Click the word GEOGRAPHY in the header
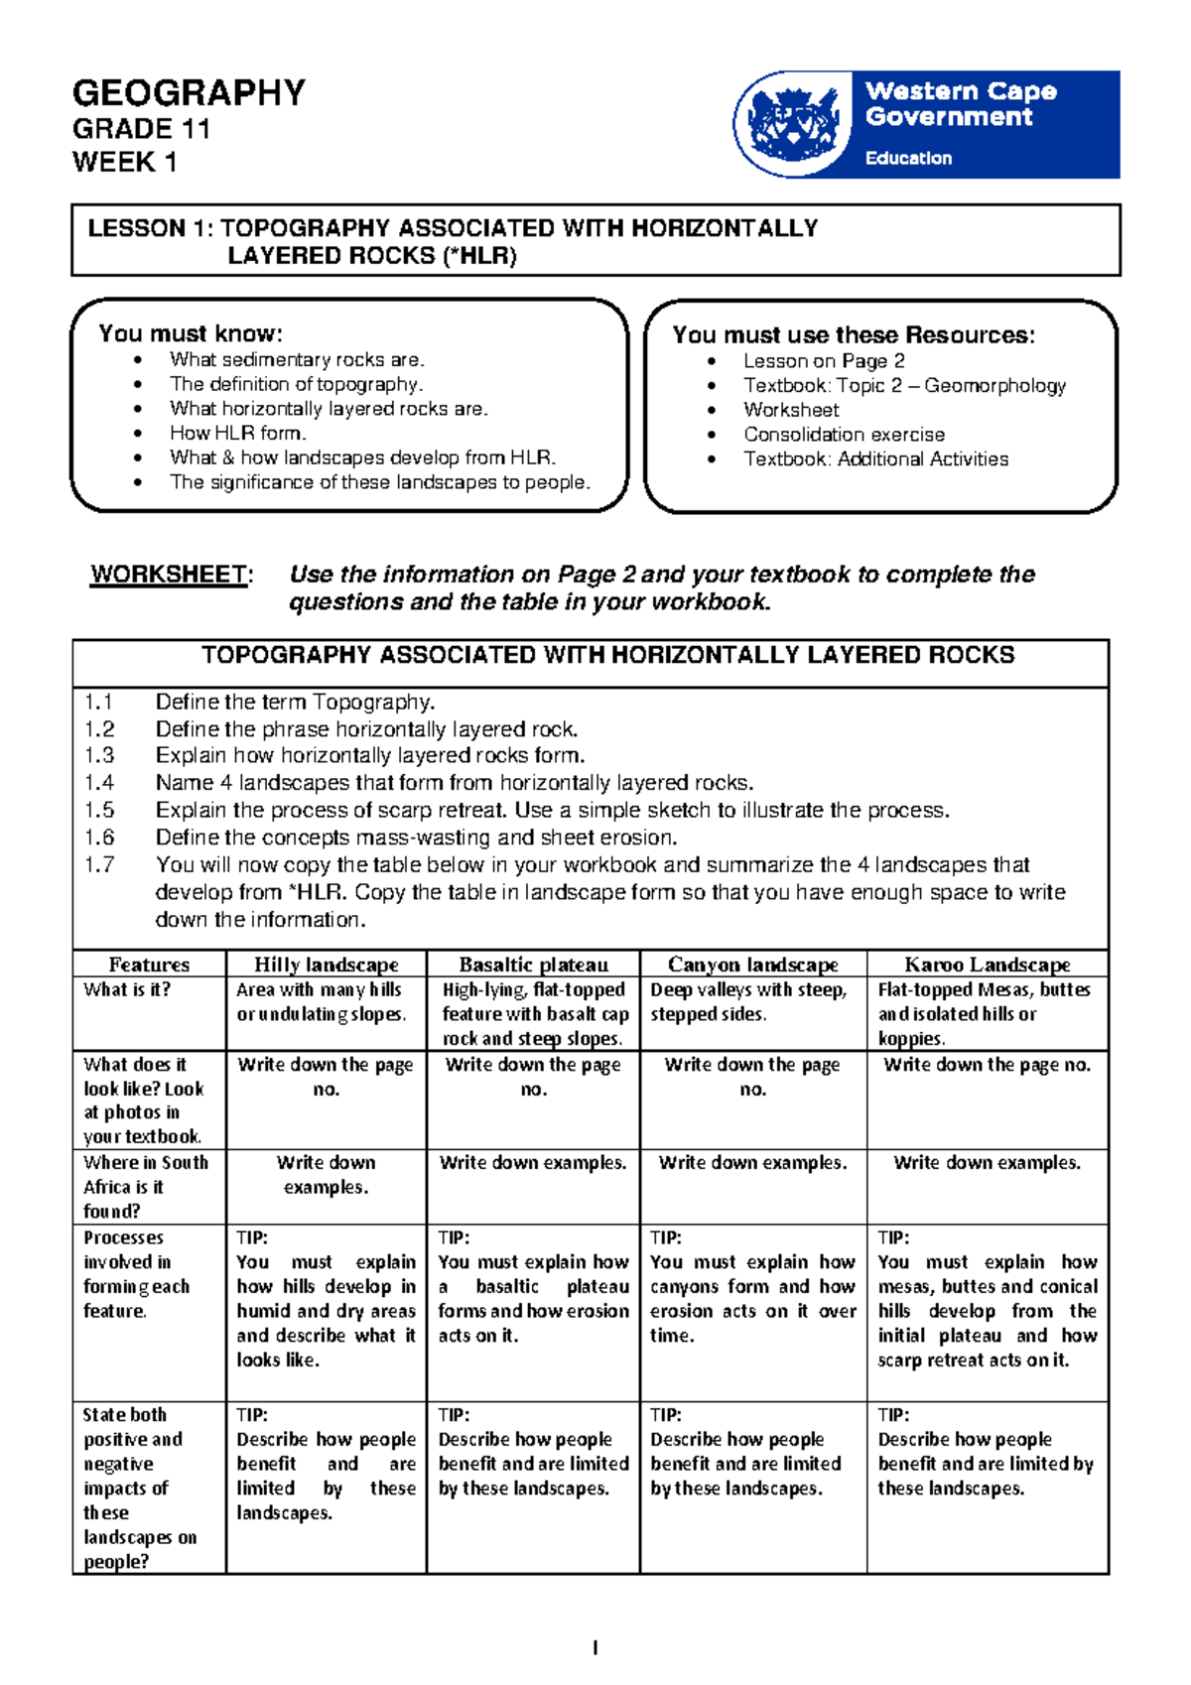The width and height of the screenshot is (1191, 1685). tap(189, 93)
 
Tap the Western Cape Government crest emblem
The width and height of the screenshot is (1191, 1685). tap(792, 124)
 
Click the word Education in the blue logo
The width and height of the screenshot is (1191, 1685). tap(908, 158)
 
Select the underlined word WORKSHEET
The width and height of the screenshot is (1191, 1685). tap(169, 575)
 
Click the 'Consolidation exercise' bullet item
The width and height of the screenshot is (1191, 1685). tap(844, 435)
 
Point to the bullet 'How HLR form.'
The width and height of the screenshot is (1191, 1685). tap(237, 433)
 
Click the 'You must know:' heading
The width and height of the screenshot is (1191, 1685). tap(191, 333)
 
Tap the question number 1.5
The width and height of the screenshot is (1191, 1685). tap(99, 810)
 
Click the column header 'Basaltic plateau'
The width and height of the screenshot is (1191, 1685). tap(533, 965)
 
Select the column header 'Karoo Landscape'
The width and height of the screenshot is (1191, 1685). tap(987, 965)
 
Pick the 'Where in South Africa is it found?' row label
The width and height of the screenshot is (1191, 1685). tap(146, 1187)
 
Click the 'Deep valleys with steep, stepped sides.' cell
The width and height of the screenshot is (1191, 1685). tap(748, 1002)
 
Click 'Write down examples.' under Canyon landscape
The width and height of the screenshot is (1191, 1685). tap(752, 1163)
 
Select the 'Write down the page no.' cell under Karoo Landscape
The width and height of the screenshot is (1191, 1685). tap(987, 1065)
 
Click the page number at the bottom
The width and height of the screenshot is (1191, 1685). tap(595, 1648)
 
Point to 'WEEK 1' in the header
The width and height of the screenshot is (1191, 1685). tap(124, 162)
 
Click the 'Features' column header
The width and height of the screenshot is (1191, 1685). tap(149, 965)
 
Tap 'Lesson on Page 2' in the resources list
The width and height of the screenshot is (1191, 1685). tap(824, 361)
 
